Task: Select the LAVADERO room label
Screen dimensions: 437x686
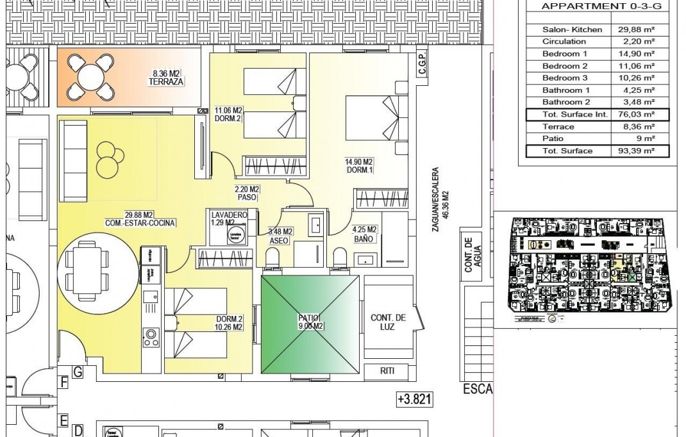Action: coord(228,218)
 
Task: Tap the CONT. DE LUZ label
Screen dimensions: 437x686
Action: coord(388,322)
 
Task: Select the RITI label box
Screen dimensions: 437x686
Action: coord(387,371)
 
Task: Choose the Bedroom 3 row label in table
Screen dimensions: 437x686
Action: coord(565,78)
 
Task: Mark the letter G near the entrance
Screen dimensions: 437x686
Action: coord(78,371)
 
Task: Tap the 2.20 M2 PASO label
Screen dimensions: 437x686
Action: coord(246,194)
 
